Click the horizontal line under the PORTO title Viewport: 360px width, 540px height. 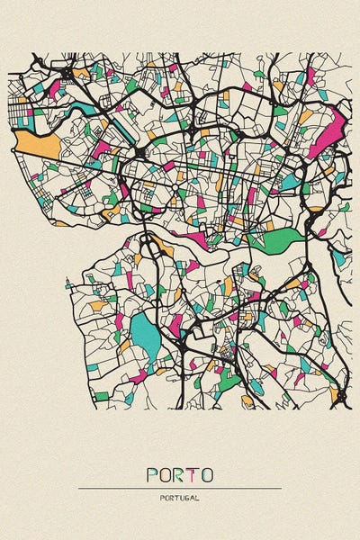point(180,489)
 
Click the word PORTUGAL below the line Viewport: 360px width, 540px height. point(180,497)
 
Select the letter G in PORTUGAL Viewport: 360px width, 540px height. point(186,497)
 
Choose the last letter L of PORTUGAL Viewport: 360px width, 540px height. point(196,497)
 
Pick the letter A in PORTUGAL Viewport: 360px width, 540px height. point(192,497)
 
